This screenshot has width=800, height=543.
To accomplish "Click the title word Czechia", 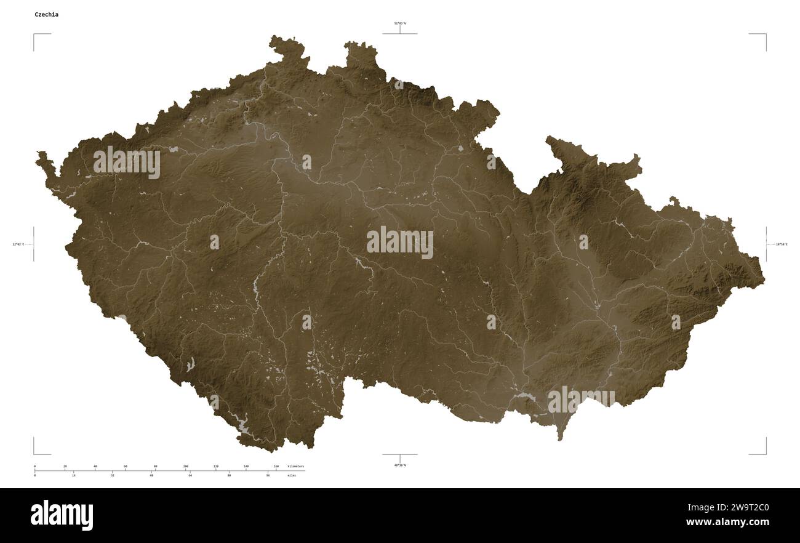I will pos(47,14).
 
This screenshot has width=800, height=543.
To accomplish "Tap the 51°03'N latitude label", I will pos(400,23).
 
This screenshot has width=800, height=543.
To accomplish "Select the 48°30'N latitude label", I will pos(400,465).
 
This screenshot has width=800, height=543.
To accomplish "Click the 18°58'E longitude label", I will pos(781,244).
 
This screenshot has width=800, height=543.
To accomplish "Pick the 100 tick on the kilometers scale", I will pos(185,467).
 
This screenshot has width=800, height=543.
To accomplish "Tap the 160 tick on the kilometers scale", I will pos(276,467).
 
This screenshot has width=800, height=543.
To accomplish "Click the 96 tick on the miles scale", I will pos(268,475).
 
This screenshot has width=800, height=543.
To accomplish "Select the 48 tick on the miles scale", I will pos(151,475).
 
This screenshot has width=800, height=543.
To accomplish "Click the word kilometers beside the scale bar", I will pos(295,467).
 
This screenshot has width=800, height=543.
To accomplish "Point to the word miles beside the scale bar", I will pos(292,475).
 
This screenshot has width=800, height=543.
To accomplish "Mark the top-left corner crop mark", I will pos(34,34).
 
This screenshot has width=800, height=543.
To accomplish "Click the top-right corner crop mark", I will pos(766,34).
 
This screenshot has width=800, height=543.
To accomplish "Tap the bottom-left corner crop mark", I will pos(34,454).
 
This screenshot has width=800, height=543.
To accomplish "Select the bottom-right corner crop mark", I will pos(766,454).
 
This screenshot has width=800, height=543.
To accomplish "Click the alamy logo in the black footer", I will pos(62,515).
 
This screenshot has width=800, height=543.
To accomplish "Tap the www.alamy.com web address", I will pos(727,523).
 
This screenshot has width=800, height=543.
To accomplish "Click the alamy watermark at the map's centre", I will pos(400,243).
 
